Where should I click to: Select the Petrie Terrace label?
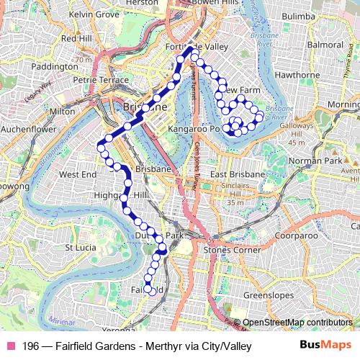click(x=94, y=80)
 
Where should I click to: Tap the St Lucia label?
click(x=81, y=247)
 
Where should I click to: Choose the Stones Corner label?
click(x=230, y=249)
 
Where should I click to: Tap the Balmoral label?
click(x=325, y=44)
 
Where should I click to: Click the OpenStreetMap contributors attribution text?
click(x=297, y=322)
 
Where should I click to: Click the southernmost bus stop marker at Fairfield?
click(x=150, y=290)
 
